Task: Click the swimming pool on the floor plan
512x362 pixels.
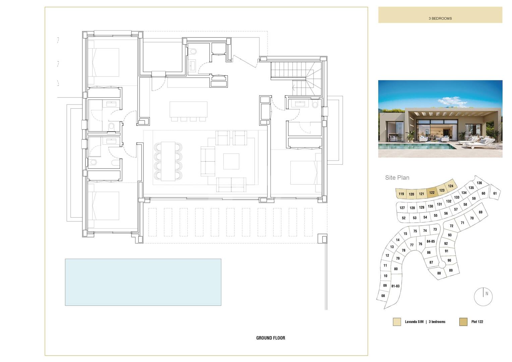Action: [x=143, y=282]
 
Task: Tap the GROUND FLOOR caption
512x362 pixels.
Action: [x=271, y=338]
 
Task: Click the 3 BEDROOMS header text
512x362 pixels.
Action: [x=440, y=18]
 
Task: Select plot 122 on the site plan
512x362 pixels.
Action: [x=432, y=192]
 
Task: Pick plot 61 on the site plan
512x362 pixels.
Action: [x=495, y=193]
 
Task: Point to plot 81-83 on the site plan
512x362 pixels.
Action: [x=395, y=286]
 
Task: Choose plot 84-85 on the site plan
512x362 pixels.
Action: [x=431, y=241]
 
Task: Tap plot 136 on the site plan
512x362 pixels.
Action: [x=479, y=183]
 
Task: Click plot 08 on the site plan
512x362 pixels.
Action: [x=383, y=296]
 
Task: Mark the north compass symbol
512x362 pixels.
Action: [x=483, y=297]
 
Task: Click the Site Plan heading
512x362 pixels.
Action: [x=397, y=178]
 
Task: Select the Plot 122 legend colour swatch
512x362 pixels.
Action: [x=463, y=322]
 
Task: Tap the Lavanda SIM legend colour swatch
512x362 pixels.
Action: [x=397, y=322]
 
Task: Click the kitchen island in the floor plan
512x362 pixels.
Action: [x=188, y=110]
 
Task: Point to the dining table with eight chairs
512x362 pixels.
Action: [x=168, y=161]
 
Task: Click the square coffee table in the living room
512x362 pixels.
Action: [x=231, y=161]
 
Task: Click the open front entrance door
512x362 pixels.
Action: [x=245, y=61]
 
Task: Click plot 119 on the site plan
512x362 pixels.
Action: [x=401, y=194]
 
